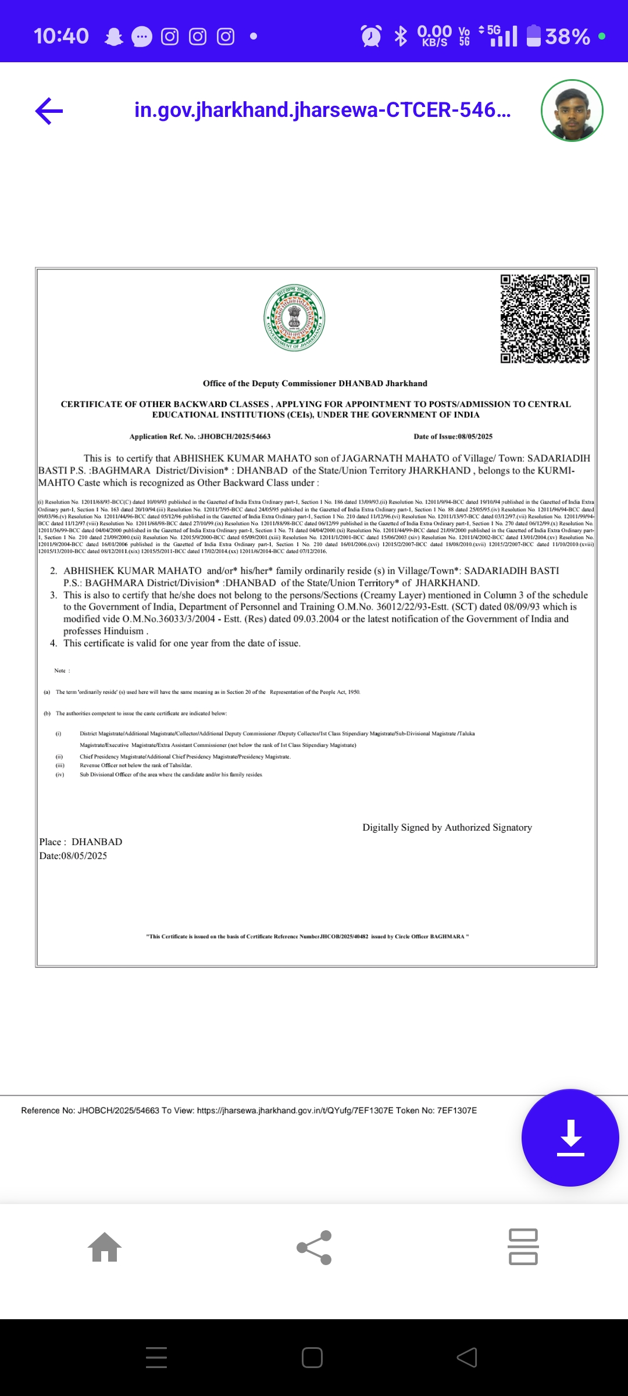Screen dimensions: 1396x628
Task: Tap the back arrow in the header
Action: [49, 111]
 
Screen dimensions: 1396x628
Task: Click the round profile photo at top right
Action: [572, 111]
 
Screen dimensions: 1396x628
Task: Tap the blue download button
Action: [570, 1137]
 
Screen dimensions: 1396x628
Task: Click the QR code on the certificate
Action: [545, 319]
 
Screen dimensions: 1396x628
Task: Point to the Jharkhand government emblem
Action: [294, 318]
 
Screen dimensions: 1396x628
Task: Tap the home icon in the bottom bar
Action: [105, 1247]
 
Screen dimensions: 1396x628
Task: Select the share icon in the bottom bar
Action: [314, 1247]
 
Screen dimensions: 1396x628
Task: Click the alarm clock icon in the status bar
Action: [371, 36]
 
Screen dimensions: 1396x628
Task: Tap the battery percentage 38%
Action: [567, 37]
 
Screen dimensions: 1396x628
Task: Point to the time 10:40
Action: [61, 36]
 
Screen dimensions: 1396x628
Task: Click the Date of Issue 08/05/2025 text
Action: [453, 436]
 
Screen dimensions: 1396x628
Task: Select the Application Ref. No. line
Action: [200, 436]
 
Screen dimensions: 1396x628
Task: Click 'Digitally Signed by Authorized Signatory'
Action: [447, 827]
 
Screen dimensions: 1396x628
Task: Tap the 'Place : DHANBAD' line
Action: [81, 842]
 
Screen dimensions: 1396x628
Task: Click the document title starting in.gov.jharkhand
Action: [323, 110]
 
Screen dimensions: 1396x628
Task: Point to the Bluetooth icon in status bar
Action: [401, 36]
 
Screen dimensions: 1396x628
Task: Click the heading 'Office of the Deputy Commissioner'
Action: [315, 383]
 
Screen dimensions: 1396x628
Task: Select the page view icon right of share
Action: [523, 1247]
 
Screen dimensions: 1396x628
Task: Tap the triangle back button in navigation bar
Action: [467, 1358]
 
